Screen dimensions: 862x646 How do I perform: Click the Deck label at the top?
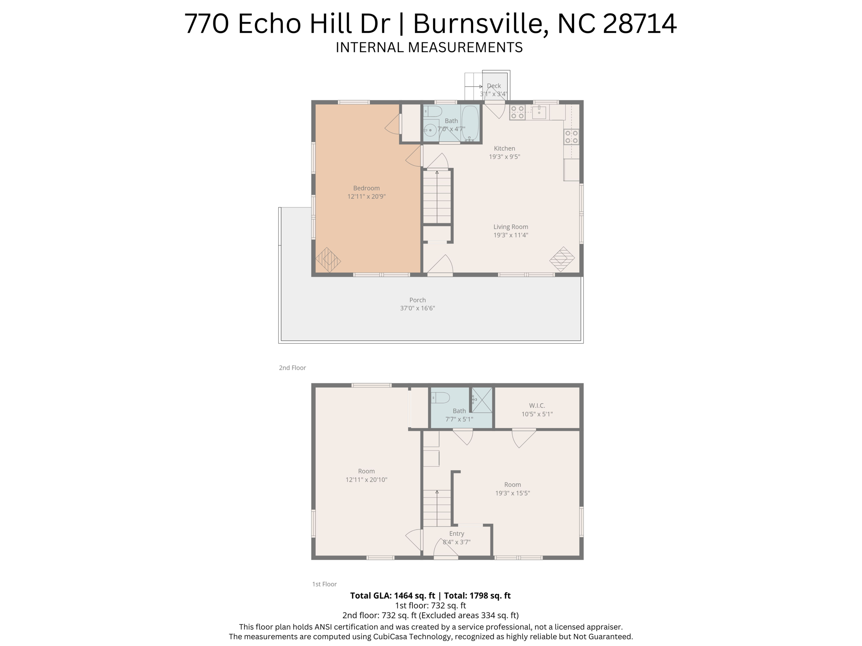pyautogui.click(x=494, y=86)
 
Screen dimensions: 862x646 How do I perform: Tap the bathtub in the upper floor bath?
pyautogui.click(x=470, y=123)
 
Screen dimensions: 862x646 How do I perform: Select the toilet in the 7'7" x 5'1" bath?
pyautogui.click(x=440, y=397)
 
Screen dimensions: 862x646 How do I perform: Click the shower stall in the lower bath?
pyautogui.click(x=482, y=400)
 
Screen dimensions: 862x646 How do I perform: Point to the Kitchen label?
pyautogui.click(x=504, y=148)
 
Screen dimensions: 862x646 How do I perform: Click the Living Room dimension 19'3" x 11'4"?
pyautogui.click(x=511, y=235)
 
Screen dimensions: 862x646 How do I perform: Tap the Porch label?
pyautogui.click(x=418, y=300)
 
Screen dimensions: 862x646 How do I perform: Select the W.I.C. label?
pyautogui.click(x=537, y=405)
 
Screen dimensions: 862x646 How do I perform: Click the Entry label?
pyautogui.click(x=457, y=534)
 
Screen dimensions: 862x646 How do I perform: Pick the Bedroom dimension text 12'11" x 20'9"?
pyautogui.click(x=366, y=196)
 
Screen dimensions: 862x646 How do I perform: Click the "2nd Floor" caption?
pyautogui.click(x=292, y=368)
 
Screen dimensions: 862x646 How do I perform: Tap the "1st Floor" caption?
pyautogui.click(x=324, y=584)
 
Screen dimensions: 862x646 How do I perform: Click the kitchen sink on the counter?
pyautogui.click(x=539, y=113)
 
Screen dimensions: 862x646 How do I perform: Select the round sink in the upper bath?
pyautogui.click(x=430, y=130)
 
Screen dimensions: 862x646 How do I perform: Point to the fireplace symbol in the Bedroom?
pyautogui.click(x=328, y=260)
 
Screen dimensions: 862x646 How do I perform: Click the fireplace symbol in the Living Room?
pyautogui.click(x=562, y=259)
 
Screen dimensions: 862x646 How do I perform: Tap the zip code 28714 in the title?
pyautogui.click(x=640, y=24)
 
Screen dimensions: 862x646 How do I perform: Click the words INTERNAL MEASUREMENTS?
pyautogui.click(x=429, y=47)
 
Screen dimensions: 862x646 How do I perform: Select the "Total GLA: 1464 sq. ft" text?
pyautogui.click(x=392, y=596)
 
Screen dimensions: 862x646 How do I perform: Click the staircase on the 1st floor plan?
pyautogui.click(x=437, y=508)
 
